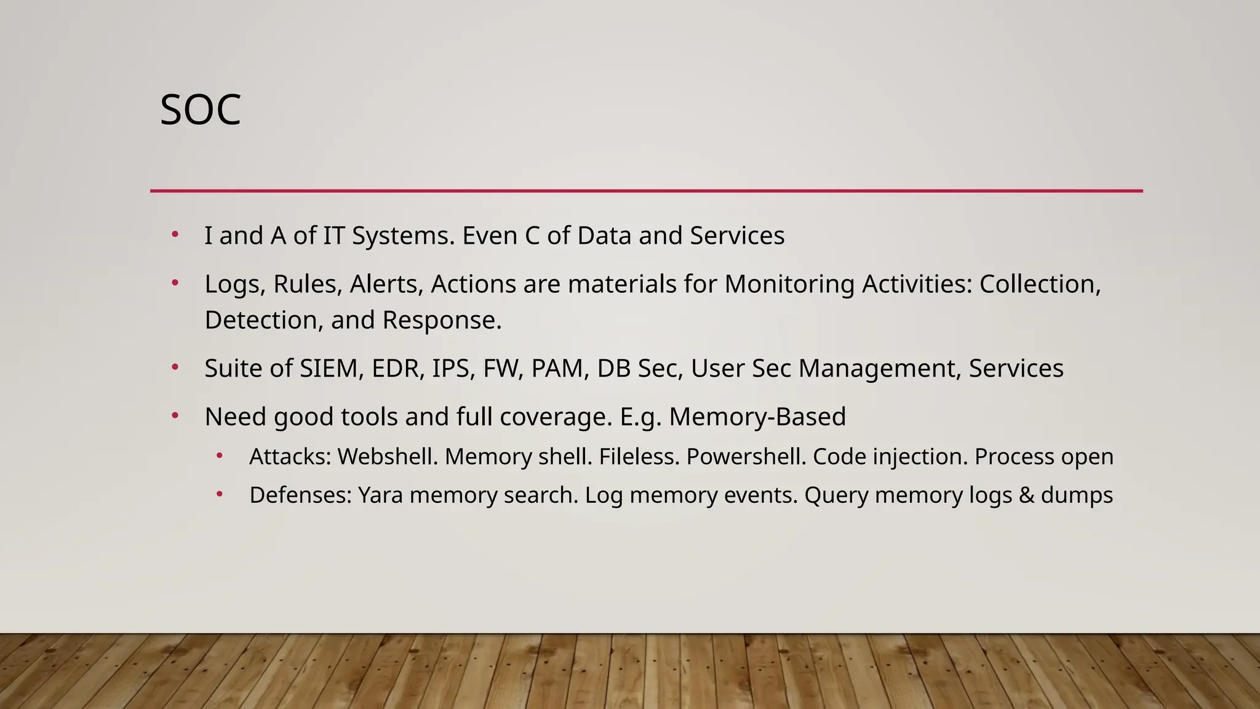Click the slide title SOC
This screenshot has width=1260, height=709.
pos(200,111)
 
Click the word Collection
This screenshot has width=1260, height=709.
pos(1039,284)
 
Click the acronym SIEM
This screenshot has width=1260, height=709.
pos(329,369)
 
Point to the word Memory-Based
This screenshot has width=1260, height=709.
pos(757,417)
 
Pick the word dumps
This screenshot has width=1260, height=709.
pos(1077,495)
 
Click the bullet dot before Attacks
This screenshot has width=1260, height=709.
pos(220,457)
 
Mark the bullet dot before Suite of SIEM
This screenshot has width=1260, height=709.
pos(175,367)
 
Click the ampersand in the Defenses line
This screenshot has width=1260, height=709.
pos(1026,495)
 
